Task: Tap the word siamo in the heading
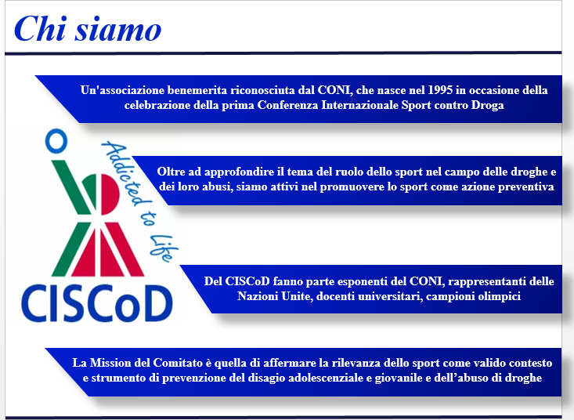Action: [118, 29]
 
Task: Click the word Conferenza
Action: [287, 105]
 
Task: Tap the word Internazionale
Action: [359, 105]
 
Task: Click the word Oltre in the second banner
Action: [170, 172]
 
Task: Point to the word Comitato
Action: [178, 363]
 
